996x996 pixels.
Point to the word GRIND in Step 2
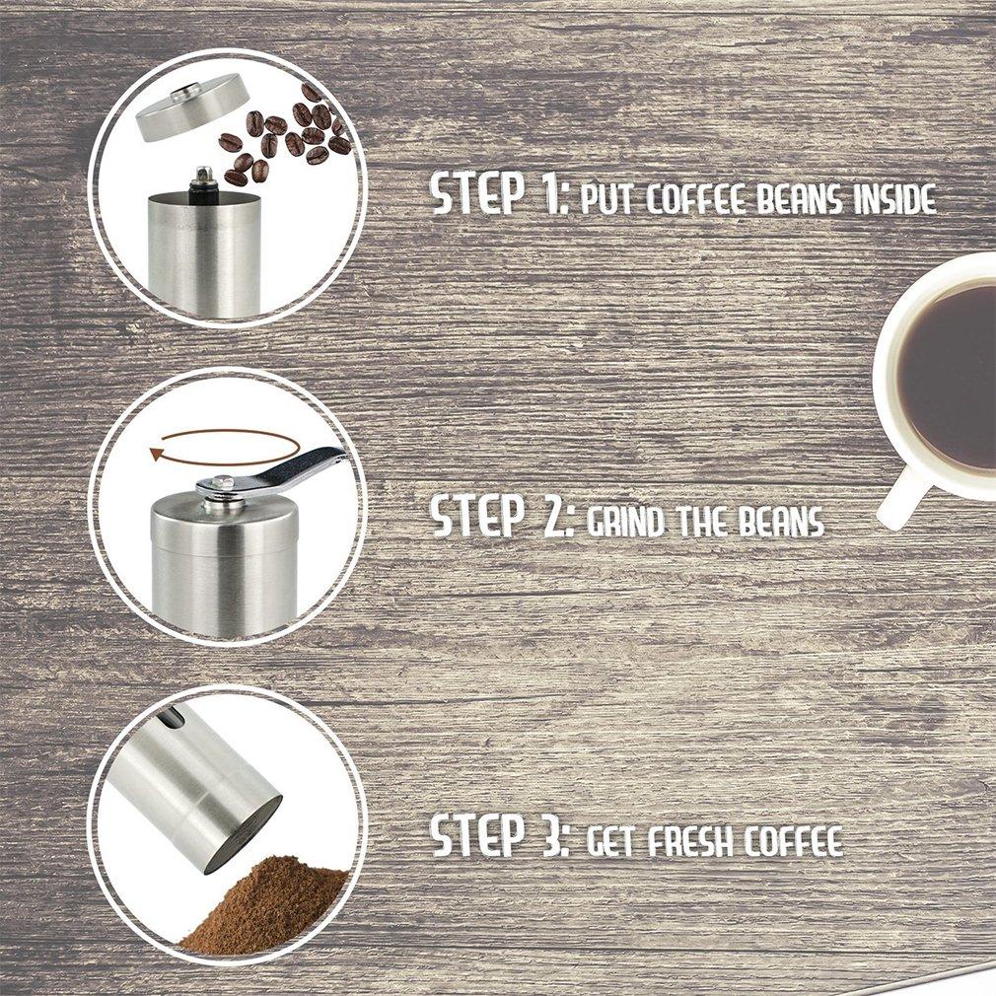tap(624, 522)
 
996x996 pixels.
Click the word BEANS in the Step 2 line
tap(781, 522)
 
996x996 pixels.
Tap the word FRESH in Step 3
tap(690, 840)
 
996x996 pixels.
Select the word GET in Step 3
tap(611, 840)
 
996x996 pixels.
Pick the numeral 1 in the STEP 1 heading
tap(551, 192)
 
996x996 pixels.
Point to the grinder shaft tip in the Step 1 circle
tap(203, 174)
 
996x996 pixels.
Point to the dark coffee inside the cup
tap(951, 378)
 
